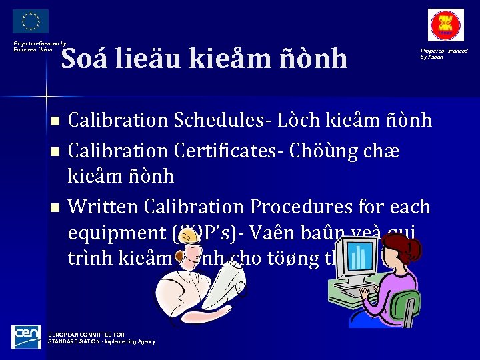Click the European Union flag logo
(31, 21)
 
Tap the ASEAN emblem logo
(445, 25)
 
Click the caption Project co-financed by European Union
(39, 46)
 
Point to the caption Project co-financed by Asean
(443, 53)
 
